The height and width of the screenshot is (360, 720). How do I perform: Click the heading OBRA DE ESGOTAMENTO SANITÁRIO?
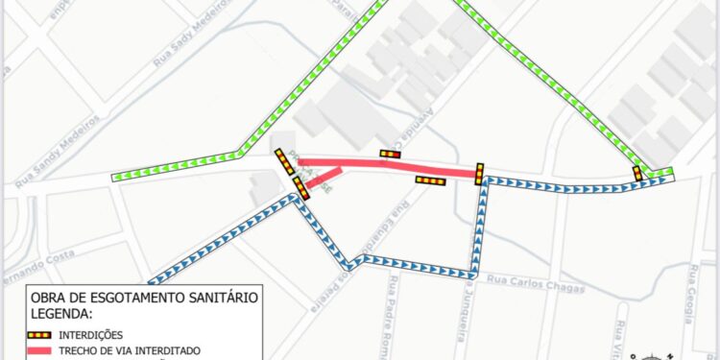click(144, 298)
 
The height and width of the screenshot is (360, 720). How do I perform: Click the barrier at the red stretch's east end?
click(479, 173)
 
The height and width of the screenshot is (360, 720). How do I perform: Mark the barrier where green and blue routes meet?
click(637, 173)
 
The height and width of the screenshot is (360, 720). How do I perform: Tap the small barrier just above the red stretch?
click(390, 154)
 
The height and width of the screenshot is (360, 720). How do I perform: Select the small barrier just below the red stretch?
click(431, 180)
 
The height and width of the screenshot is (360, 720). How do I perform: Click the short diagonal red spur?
click(324, 177)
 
